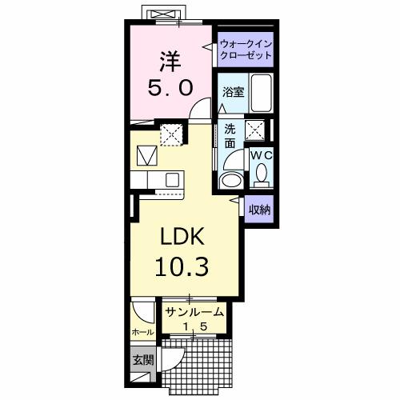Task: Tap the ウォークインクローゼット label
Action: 246,50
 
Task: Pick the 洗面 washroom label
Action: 230,136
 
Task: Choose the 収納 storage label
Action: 258,210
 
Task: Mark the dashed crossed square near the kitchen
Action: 170,134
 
